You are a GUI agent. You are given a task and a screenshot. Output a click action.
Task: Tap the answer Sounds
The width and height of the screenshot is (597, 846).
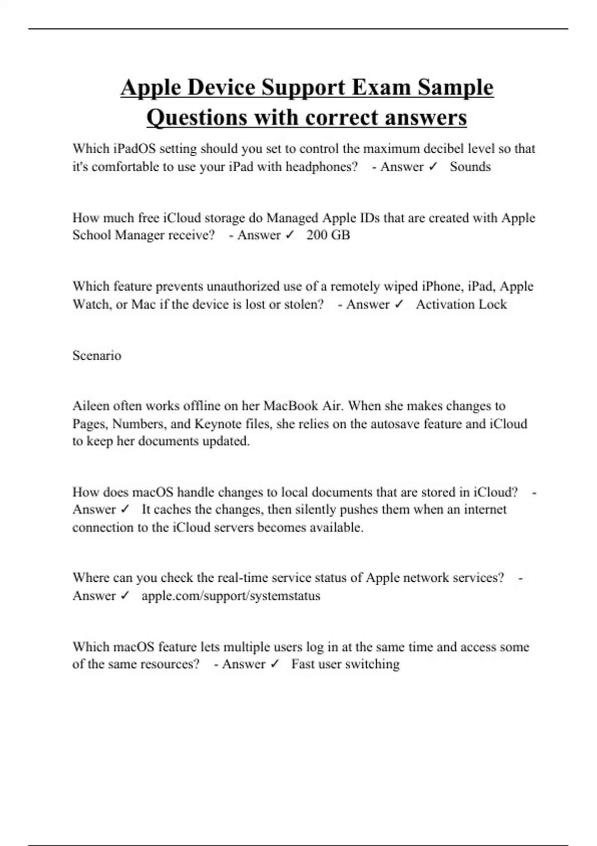pos(470,167)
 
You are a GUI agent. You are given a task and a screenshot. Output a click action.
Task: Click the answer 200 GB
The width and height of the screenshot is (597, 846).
pos(328,235)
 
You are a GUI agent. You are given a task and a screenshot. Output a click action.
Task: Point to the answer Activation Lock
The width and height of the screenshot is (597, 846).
pos(461,304)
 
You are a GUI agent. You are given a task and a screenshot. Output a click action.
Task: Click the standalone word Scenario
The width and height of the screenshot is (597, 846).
pos(97,355)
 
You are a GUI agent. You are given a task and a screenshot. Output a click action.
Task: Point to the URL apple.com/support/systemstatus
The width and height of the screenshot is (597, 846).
pos(231,596)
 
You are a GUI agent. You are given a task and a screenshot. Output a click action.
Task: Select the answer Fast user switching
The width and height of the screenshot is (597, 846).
pos(345,664)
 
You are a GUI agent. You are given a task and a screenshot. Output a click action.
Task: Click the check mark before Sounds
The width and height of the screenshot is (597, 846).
pos(432,167)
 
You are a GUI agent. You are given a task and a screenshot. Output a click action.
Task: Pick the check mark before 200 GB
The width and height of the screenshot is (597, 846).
pos(290,235)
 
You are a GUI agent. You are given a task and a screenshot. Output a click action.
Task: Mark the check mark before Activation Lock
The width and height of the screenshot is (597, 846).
pos(398,304)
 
